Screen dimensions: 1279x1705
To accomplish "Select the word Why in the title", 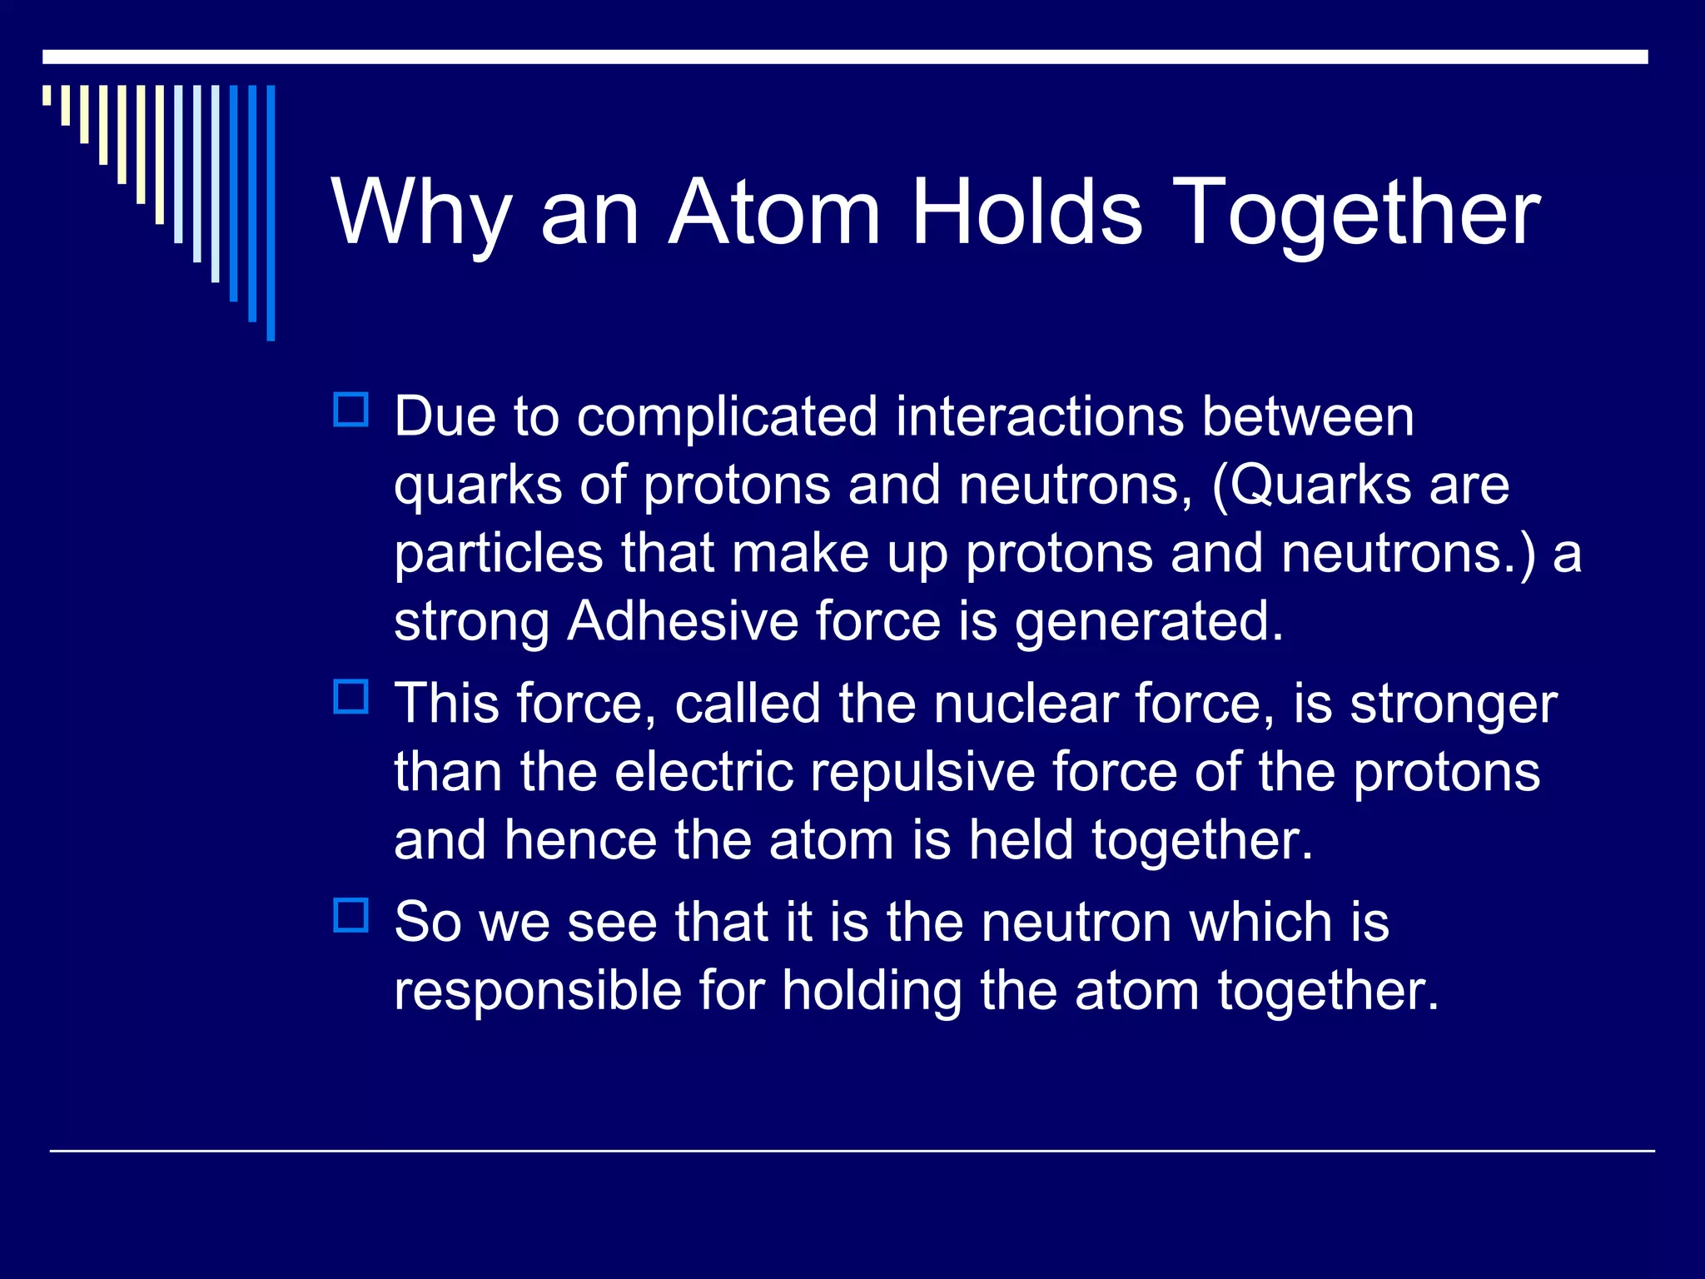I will pyautogui.click(x=420, y=215).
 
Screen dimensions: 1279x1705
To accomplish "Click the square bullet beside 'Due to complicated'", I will pyautogui.click(x=350, y=410).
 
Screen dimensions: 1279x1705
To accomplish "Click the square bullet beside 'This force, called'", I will pyautogui.click(x=350, y=696).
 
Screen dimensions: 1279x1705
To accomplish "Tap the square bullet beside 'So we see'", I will pyautogui.click(x=350, y=915).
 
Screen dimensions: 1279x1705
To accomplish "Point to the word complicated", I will pyautogui.click(x=727, y=418).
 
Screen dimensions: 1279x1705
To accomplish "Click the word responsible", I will pyautogui.click(x=538, y=991).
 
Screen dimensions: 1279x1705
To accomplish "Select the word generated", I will pyautogui.click(x=1149, y=623).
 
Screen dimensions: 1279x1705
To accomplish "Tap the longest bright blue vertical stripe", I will pyautogui.click(x=271, y=212).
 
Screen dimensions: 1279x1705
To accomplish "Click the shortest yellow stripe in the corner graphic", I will pyautogui.click(x=47, y=95).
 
